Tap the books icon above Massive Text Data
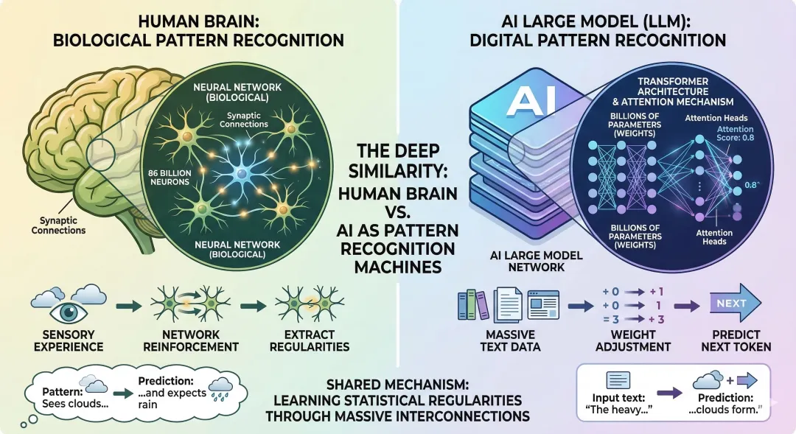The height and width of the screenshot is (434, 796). [472, 305]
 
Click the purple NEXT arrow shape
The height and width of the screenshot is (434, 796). [732, 304]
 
